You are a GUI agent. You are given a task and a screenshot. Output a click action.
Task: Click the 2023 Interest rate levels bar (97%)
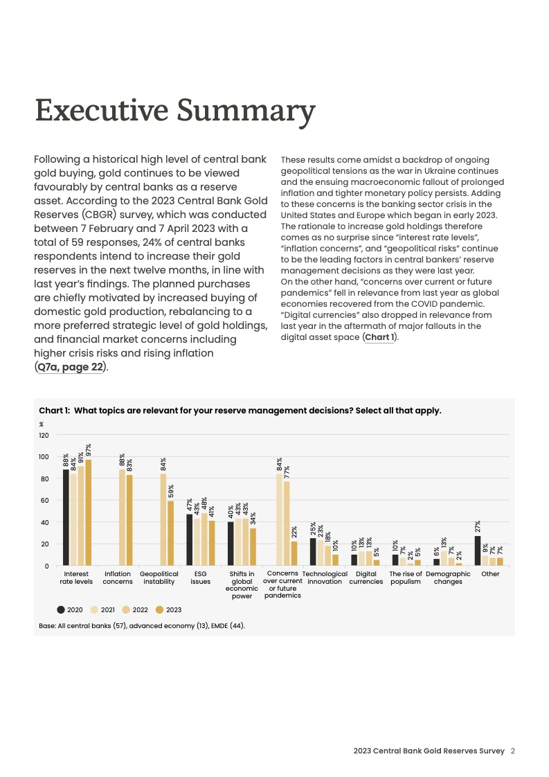click(88, 512)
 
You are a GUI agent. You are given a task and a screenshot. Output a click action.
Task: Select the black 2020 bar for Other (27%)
click(478, 551)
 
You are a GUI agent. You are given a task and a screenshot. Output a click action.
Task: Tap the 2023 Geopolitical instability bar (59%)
click(170, 533)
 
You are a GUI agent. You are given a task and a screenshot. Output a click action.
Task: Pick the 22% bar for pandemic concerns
click(294, 553)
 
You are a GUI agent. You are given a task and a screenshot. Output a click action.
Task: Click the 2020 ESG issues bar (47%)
click(189, 539)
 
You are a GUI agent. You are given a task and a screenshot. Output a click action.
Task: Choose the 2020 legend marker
click(61, 610)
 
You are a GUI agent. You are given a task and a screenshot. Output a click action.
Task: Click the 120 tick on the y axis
click(44, 435)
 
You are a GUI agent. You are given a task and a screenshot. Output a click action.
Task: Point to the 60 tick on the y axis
click(44, 501)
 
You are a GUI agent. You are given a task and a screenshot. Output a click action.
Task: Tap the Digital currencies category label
click(366, 578)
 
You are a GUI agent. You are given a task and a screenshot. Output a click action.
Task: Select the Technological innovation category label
click(325, 578)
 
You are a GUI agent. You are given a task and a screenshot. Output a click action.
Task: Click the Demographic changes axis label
click(448, 578)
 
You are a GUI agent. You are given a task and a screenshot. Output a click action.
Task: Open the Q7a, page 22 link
click(71, 367)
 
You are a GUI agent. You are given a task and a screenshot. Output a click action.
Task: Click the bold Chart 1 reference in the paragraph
click(379, 337)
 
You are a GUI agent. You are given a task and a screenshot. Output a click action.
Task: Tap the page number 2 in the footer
click(513, 751)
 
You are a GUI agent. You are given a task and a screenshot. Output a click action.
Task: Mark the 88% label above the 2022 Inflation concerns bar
click(122, 460)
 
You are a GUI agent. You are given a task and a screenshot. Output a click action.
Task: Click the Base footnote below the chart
click(142, 626)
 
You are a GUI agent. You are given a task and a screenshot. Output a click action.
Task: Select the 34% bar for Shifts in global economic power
click(253, 547)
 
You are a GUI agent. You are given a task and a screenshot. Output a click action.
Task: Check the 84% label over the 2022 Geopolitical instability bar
click(163, 464)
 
